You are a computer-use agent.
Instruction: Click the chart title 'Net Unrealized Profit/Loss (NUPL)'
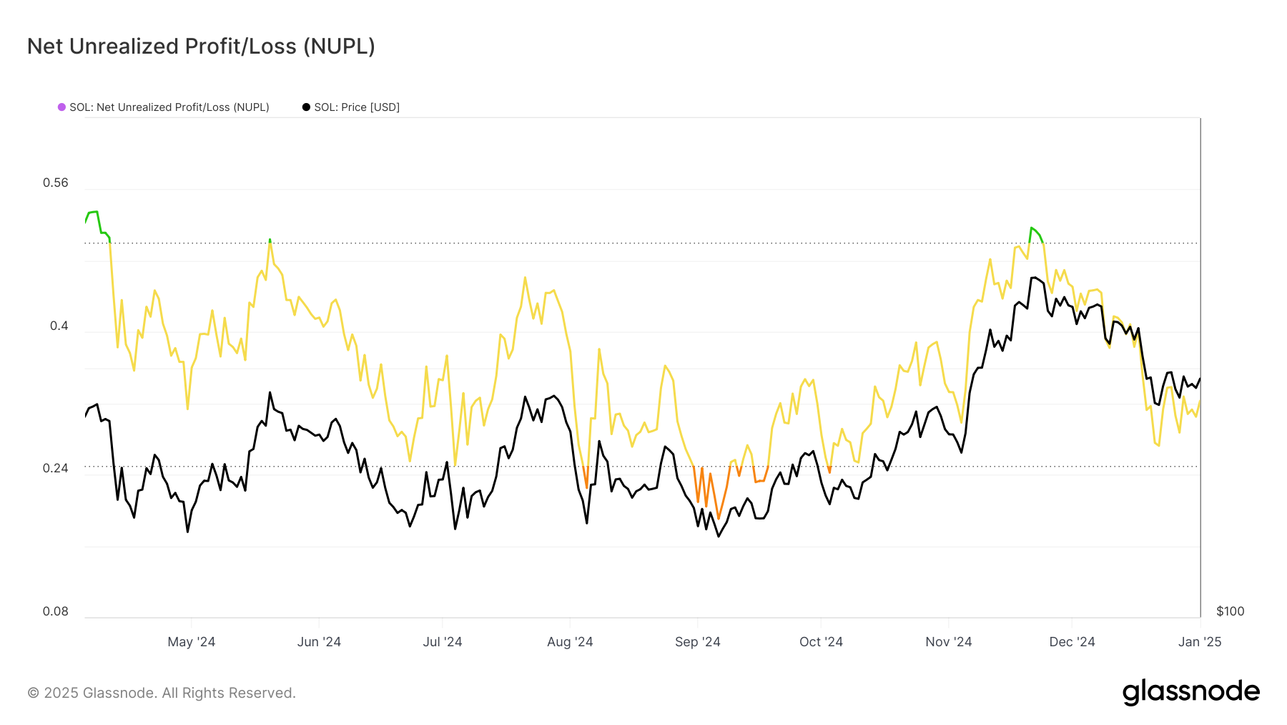[201, 47]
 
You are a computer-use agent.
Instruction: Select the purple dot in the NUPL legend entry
[61, 107]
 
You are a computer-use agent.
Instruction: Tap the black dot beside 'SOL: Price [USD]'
[306, 107]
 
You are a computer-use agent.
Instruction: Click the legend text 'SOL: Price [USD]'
[357, 107]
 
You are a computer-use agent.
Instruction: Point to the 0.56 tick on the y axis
[56, 183]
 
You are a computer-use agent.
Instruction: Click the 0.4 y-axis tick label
[59, 326]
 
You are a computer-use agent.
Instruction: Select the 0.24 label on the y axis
[56, 468]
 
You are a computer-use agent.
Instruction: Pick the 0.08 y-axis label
[56, 611]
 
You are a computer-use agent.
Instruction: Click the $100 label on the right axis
[1230, 611]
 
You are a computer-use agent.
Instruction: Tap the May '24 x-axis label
[191, 642]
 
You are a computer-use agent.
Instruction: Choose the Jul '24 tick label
[442, 642]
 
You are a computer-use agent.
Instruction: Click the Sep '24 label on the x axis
[697, 642]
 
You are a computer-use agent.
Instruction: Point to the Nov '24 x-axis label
[948, 642]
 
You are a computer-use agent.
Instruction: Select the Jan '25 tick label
[1199, 642]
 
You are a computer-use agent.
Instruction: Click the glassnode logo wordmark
[1190, 692]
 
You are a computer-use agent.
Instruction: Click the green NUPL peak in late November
[1031, 228]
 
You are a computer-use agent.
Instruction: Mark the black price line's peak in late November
[1034, 278]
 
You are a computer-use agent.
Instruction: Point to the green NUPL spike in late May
[270, 240]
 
